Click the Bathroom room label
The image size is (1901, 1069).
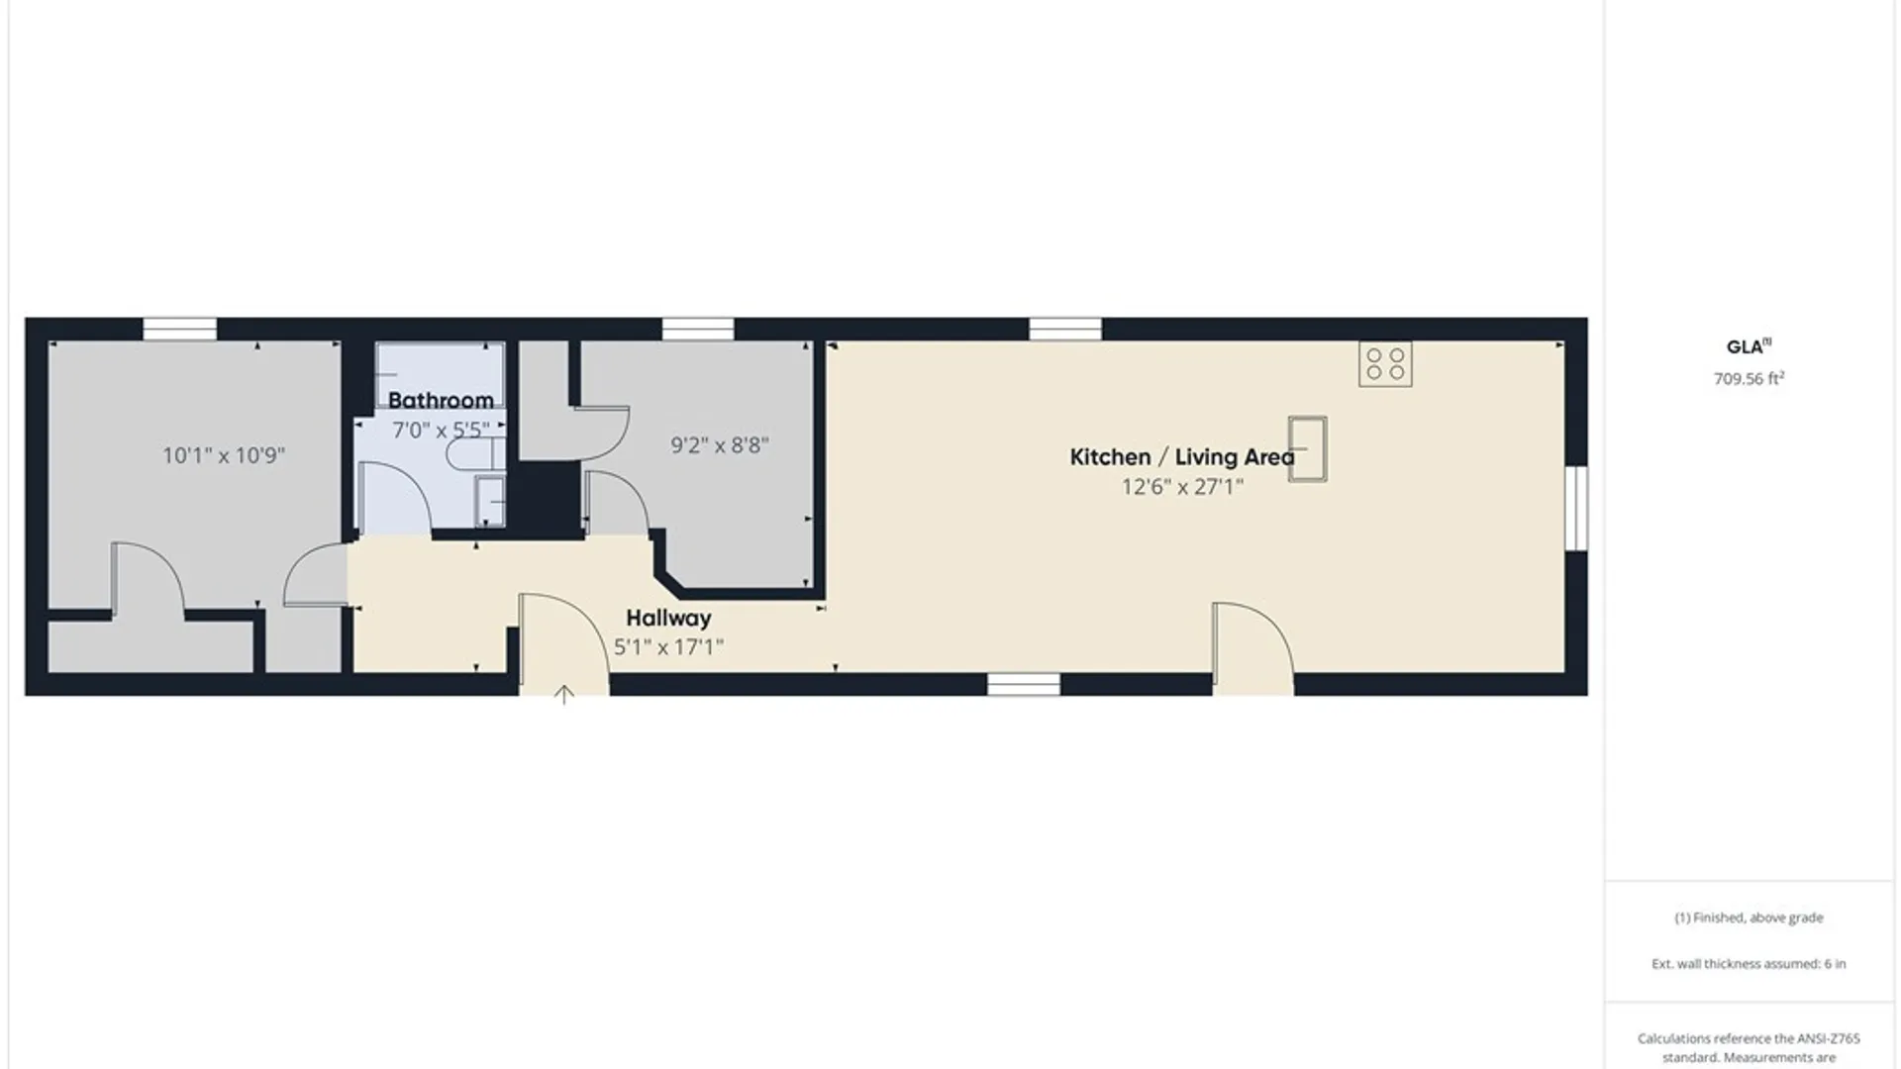pyautogui.click(x=441, y=401)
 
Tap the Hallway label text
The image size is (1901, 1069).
pyautogui.click(x=668, y=619)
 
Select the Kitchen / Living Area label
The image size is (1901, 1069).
pyautogui.click(x=1182, y=457)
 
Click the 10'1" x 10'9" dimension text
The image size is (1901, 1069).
pyautogui.click(x=224, y=455)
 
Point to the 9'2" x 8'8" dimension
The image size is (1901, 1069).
pyautogui.click(x=720, y=445)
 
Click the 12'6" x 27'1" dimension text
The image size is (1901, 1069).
pyautogui.click(x=1182, y=487)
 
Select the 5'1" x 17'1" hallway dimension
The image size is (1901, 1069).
pyautogui.click(x=668, y=647)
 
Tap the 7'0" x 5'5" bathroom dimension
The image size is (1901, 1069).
pyautogui.click(x=441, y=431)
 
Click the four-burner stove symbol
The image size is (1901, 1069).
pyautogui.click(x=1385, y=364)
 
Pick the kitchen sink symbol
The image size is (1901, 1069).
pyautogui.click(x=1307, y=449)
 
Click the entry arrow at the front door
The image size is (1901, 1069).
pyautogui.click(x=563, y=695)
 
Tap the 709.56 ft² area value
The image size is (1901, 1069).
pyautogui.click(x=1749, y=378)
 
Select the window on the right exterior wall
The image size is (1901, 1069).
pyautogui.click(x=1576, y=508)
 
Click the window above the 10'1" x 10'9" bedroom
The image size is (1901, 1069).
pyautogui.click(x=180, y=329)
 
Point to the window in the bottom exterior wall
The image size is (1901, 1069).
pyautogui.click(x=1024, y=684)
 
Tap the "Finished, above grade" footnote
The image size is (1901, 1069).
pyautogui.click(x=1749, y=918)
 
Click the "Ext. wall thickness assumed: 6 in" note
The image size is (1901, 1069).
pyautogui.click(x=1749, y=963)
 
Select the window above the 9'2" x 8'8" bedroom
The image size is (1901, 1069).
pyautogui.click(x=698, y=329)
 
